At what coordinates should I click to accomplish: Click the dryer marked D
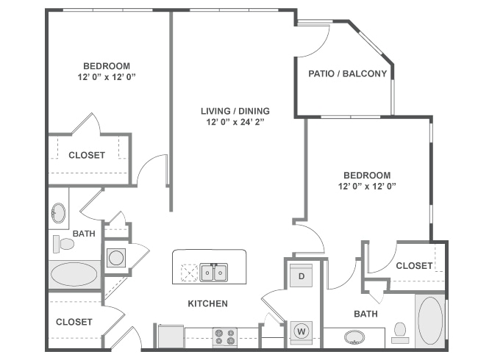[301, 276]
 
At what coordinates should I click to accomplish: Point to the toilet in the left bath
[63, 243]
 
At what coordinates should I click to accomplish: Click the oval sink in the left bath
[58, 215]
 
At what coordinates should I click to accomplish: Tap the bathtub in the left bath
[74, 276]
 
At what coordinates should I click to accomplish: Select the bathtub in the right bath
[430, 321]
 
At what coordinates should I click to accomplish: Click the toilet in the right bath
[401, 332]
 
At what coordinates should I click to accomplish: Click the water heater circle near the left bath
[115, 258]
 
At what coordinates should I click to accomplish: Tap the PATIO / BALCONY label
[347, 73]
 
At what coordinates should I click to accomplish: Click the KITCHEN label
[207, 303]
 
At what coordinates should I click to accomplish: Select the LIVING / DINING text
[235, 111]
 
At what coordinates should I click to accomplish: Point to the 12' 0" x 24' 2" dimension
[235, 123]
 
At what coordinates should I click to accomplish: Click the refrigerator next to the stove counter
[170, 336]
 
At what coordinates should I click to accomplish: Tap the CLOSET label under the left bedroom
[87, 155]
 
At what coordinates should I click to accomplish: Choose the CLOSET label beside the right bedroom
[414, 266]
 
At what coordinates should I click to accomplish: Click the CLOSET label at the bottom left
[74, 322]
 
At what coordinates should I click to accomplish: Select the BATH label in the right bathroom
[365, 314]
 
